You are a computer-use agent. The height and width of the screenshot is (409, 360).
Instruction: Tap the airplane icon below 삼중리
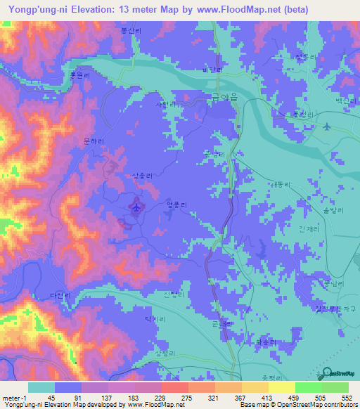pyautogui.click(x=136, y=207)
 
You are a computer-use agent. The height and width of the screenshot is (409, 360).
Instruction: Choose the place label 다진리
pyautogui.click(x=60, y=296)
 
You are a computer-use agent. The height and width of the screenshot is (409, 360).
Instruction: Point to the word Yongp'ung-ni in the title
pyautogui.click(x=34, y=11)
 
